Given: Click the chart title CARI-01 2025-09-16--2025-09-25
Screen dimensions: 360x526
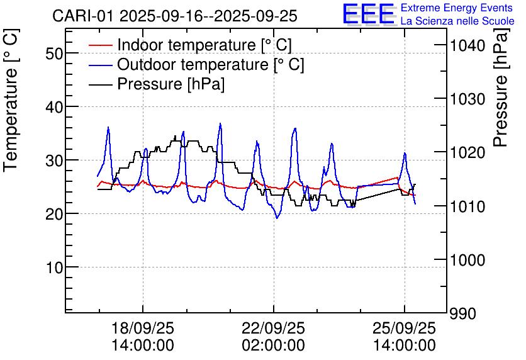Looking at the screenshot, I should [x=174, y=16].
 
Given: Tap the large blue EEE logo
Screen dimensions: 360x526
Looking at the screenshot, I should [x=368, y=14].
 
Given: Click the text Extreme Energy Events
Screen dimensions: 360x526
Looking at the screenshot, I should [x=457, y=8].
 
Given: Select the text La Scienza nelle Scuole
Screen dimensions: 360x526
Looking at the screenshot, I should [x=457, y=21].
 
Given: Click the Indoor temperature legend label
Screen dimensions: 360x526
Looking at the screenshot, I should [x=204, y=45].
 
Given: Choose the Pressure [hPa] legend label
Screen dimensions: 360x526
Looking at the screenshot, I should [x=171, y=84].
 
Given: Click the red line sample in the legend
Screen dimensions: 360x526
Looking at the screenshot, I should [x=101, y=45].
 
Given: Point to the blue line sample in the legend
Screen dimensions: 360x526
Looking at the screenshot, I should [x=101, y=65].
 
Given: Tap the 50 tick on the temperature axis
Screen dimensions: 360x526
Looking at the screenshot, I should [x=55, y=53].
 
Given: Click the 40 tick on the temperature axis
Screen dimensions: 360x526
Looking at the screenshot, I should [x=55, y=107].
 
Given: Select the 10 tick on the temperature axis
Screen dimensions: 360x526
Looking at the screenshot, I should [x=55, y=267].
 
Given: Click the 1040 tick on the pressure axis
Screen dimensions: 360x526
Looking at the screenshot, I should [x=466, y=45].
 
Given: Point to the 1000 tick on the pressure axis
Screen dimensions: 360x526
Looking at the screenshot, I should [x=466, y=260].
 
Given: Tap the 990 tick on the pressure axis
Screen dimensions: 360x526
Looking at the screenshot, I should [x=462, y=313].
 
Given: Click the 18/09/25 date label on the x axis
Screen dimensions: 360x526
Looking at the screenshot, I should [x=143, y=329].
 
